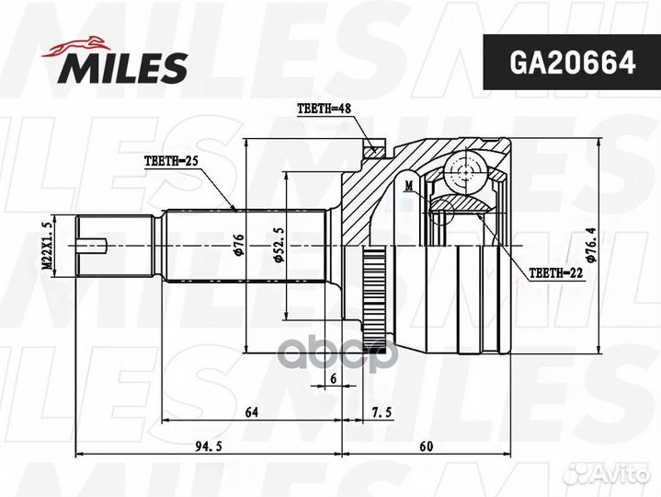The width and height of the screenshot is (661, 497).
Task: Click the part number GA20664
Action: coord(572,63)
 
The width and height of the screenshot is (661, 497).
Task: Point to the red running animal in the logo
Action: coord(76,46)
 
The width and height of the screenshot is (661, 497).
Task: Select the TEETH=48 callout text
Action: coord(324,109)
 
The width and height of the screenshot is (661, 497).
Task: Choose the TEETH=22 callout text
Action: coord(556,273)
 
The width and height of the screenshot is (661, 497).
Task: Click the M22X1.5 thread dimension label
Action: coord(48,246)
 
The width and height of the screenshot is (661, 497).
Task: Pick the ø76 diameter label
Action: coord(239,245)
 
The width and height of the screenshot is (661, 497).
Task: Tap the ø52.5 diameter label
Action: coord(279,245)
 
